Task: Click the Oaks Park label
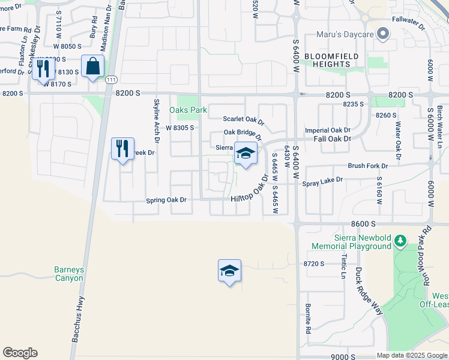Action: click(x=188, y=110)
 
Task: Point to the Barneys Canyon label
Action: click(x=69, y=274)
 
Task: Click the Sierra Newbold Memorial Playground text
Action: click(x=354, y=242)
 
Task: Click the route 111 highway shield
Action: click(x=110, y=79)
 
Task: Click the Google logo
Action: click(x=20, y=353)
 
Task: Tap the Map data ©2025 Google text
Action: click(x=411, y=355)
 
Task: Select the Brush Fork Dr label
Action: click(x=368, y=166)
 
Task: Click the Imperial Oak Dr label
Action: click(x=328, y=130)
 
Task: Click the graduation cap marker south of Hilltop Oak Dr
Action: click(x=229, y=271)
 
